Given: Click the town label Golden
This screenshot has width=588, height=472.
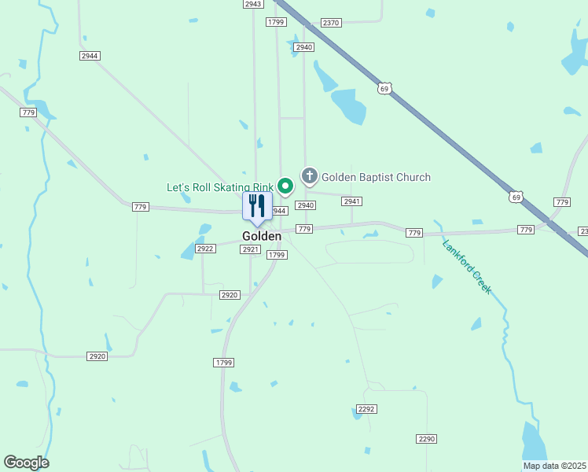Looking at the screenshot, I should [x=262, y=236].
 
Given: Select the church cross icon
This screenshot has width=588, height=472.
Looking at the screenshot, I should [x=310, y=175].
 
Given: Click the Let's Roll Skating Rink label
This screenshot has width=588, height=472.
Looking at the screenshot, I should [x=219, y=187].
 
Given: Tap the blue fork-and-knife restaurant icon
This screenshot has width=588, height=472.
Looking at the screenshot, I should [x=256, y=206].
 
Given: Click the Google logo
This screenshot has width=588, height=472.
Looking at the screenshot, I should [x=26, y=463].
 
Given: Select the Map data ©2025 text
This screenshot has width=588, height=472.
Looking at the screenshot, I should [x=554, y=466].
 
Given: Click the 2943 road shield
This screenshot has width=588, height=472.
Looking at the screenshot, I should [x=252, y=4].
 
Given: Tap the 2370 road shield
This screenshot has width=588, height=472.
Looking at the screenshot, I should [x=331, y=23].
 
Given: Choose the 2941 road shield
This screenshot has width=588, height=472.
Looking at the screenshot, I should [x=351, y=201].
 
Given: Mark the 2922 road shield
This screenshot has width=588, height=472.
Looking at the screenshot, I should [x=205, y=249].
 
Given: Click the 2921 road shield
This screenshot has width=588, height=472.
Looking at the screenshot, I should [x=250, y=249].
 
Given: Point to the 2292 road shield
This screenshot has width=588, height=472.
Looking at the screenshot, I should [x=366, y=409].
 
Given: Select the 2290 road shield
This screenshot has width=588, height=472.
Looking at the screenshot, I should [x=427, y=438].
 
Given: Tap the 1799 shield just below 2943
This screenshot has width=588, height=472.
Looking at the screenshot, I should [x=275, y=22].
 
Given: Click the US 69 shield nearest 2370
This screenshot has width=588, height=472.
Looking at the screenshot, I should [x=384, y=88].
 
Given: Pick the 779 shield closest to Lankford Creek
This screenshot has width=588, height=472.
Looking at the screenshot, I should [x=415, y=233].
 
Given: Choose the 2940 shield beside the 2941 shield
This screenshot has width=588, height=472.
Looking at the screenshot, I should [x=305, y=205].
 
